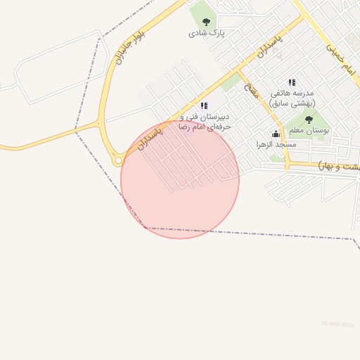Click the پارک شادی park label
[206, 33]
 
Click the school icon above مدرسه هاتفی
[292, 83]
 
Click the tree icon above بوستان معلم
[309, 120]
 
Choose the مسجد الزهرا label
[276, 144]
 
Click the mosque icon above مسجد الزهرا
[276, 134]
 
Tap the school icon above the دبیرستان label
[204, 105]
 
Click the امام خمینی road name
[338, 58]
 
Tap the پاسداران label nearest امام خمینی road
[269, 44]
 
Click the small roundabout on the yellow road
[119, 161]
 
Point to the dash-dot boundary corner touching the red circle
[146, 227]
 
